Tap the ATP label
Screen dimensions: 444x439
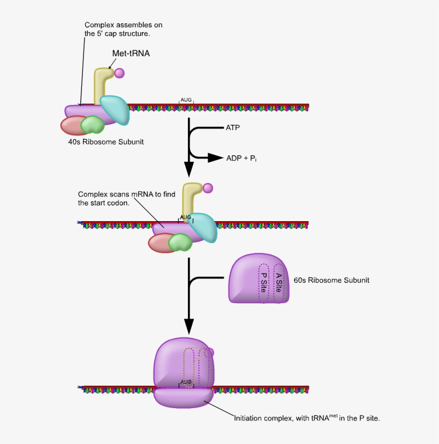[x=233, y=128]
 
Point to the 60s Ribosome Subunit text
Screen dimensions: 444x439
[x=331, y=280]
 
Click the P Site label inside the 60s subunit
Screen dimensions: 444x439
[x=264, y=283]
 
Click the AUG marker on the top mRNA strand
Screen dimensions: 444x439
[x=186, y=100]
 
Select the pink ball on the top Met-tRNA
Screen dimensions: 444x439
[x=120, y=72]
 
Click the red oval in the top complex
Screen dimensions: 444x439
[x=71, y=125]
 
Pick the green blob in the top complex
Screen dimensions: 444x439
[x=93, y=125]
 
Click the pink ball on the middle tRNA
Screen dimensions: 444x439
[x=208, y=188]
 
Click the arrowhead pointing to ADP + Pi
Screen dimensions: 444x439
[x=215, y=157]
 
